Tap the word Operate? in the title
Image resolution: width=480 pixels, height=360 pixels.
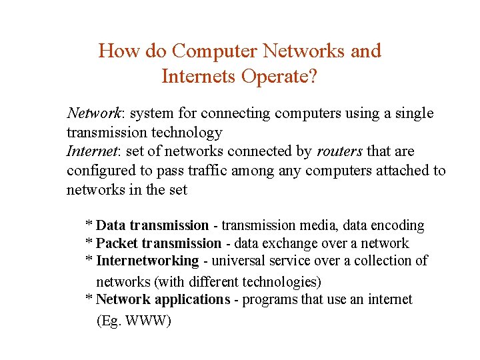tap(279, 77)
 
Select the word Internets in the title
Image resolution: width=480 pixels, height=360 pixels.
tap(199, 77)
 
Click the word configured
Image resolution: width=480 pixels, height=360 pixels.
tap(99, 171)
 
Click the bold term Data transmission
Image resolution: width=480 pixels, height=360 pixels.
tap(153, 226)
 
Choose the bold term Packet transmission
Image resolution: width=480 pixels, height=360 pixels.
tap(159, 243)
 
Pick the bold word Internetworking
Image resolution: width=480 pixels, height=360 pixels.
tap(147, 261)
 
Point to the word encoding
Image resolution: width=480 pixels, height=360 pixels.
tap(399, 226)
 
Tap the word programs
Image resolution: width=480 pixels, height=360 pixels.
tap(270, 299)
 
